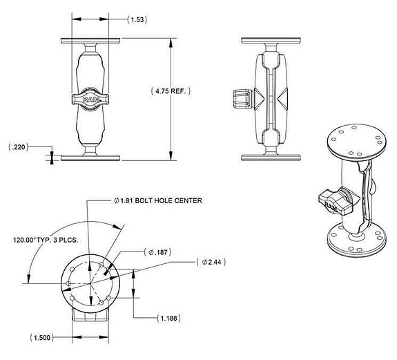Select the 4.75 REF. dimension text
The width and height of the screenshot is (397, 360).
coord(171,91)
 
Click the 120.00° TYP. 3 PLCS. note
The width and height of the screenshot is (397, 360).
coord(46,241)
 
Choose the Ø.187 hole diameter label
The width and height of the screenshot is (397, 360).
coord(158,252)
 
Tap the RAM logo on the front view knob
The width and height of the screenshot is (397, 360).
coord(90,100)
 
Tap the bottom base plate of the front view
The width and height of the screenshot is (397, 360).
coord(90,157)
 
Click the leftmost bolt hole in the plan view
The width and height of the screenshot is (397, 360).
coord(69,283)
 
